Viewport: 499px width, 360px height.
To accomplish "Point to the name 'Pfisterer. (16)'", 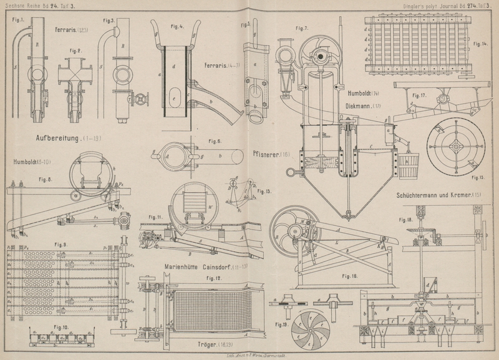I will click(x=272, y=153).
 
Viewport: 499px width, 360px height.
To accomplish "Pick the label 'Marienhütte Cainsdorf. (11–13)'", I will click(x=198, y=266).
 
